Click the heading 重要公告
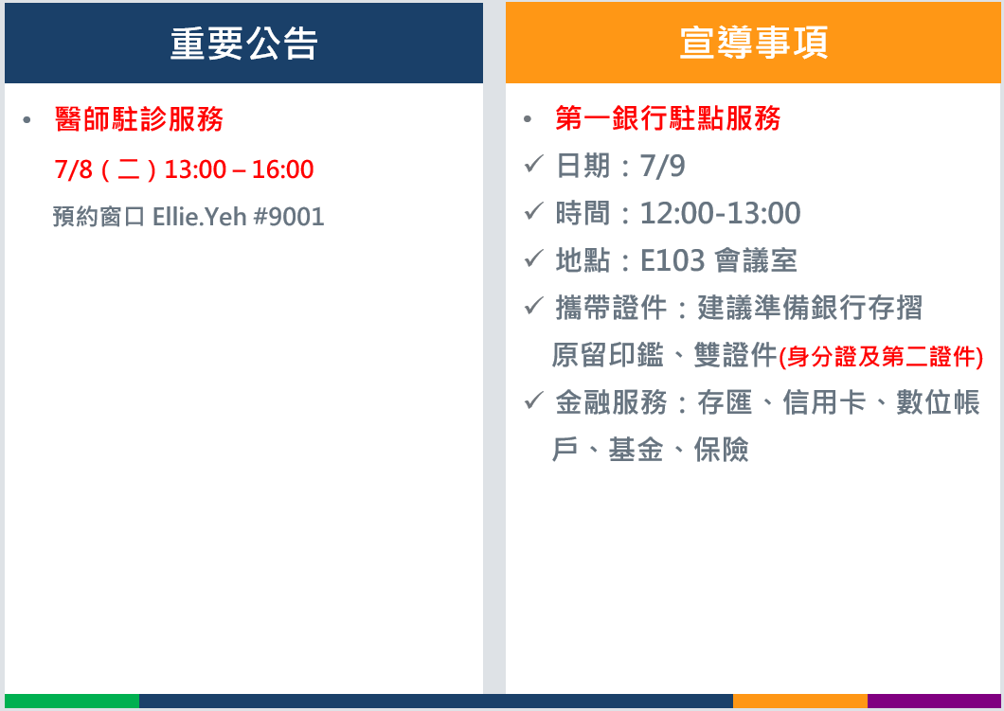[243, 44]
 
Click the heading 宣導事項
[754, 43]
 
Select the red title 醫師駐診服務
[139, 119]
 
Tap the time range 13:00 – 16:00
[239, 169]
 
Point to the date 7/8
[73, 169]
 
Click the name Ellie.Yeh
[199, 216]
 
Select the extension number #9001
[289, 217]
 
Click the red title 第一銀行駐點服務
[668, 118]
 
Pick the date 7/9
[663, 166]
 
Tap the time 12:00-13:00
[721, 213]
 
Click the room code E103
[672, 260]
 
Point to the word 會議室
[756, 260]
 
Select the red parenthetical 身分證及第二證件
[881, 357]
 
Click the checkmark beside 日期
[533, 165]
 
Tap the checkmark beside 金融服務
[533, 401]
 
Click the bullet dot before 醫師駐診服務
[27, 119]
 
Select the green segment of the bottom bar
[72, 701]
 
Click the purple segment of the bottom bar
[934, 701]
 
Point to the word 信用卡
[824, 402]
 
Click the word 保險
[721, 450]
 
